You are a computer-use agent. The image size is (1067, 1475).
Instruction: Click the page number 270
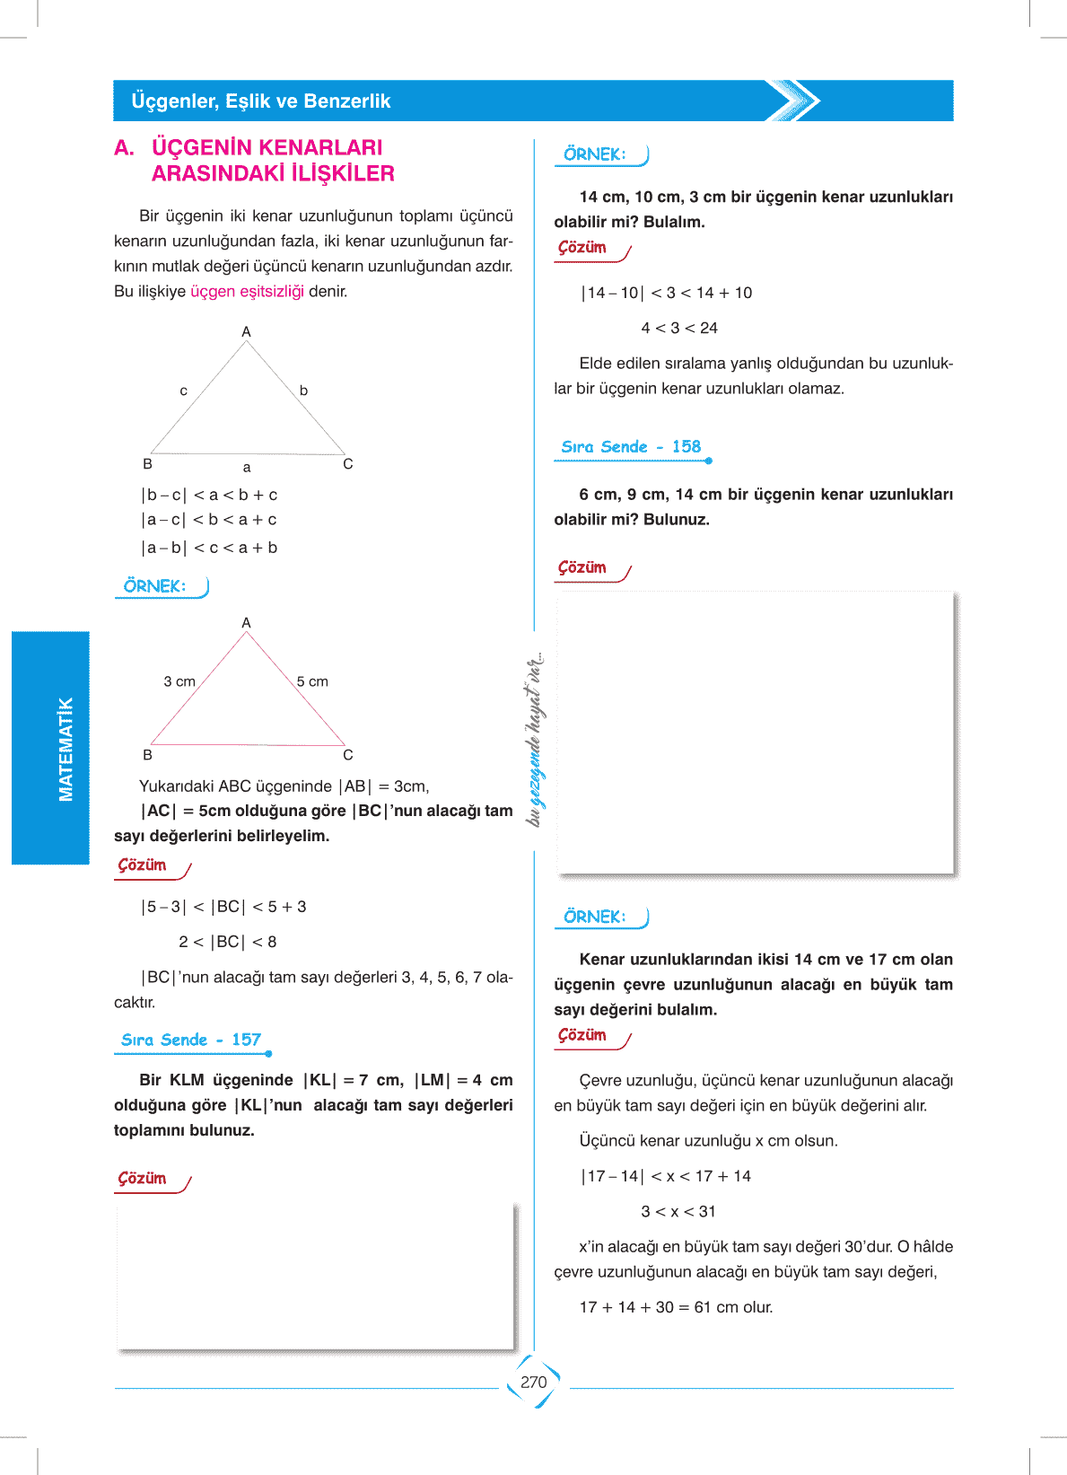533,1383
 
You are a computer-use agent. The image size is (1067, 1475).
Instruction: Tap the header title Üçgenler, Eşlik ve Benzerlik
261,101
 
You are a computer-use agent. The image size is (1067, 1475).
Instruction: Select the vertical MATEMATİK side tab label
66,749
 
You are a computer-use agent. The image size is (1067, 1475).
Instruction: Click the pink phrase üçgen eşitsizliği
247,292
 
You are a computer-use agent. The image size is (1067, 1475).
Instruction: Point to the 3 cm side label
179,682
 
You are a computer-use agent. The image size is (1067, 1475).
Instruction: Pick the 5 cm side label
312,682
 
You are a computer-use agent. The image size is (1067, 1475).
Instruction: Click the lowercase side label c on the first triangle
184,391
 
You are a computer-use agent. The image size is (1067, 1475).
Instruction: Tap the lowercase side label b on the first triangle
303,391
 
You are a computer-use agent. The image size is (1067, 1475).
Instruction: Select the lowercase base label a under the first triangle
247,468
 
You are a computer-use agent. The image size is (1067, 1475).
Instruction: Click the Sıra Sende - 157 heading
191,1040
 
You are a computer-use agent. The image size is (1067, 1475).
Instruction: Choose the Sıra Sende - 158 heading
631,447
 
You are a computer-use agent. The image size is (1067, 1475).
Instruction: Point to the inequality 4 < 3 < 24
679,329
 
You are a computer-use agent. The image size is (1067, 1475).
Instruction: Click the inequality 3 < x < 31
678,1212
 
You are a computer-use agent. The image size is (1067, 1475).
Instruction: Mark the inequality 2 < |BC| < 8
227,943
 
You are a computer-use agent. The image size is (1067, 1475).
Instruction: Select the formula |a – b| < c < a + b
209,548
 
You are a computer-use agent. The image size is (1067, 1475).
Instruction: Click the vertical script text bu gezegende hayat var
535,738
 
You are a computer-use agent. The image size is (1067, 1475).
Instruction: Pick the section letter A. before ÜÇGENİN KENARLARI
125,148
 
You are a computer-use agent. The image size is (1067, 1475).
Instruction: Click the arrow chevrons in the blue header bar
794,101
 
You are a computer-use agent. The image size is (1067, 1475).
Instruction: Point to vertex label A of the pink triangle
247,623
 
